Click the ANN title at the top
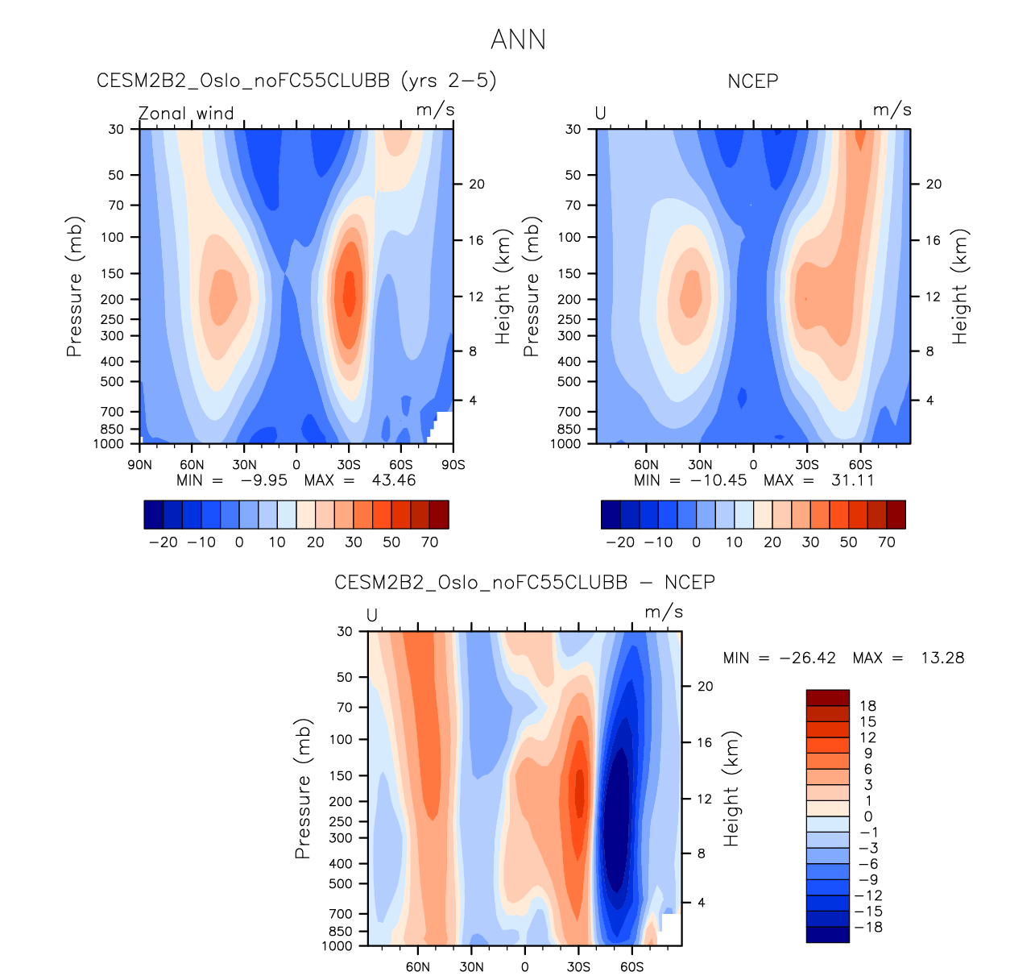(x=518, y=39)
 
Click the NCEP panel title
(x=752, y=81)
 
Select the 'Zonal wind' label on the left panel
(x=186, y=114)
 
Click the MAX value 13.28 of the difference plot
(x=942, y=658)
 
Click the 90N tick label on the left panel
(x=140, y=465)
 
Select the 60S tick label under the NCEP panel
(x=860, y=465)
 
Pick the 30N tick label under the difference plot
(x=471, y=967)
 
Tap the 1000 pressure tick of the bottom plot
(x=337, y=946)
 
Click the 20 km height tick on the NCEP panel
(x=933, y=185)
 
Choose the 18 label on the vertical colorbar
(x=867, y=706)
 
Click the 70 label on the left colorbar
(x=429, y=542)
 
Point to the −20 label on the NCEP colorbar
(x=620, y=542)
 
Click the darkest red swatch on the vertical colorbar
(x=827, y=698)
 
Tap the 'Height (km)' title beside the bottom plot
(x=731, y=789)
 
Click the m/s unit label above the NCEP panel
(x=892, y=110)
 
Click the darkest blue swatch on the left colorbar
(x=154, y=514)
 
